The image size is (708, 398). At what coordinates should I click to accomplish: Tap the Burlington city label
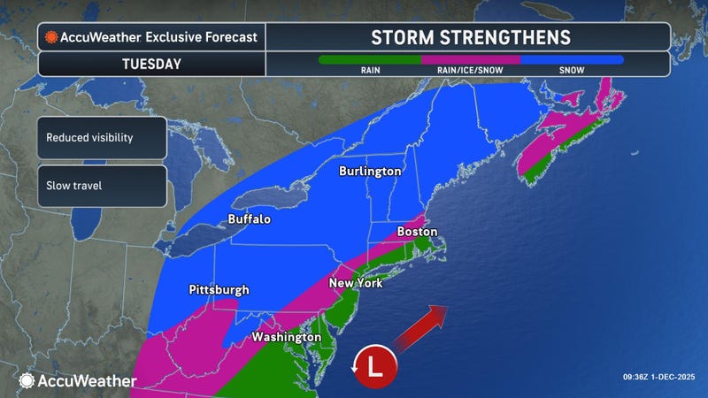click(x=371, y=172)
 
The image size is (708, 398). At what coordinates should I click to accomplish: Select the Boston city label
click(x=417, y=232)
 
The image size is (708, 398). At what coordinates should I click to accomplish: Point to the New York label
click(x=355, y=284)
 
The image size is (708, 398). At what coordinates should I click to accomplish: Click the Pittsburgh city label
click(x=219, y=290)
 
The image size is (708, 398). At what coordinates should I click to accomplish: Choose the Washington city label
click(x=285, y=337)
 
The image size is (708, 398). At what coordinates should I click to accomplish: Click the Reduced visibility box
click(x=102, y=138)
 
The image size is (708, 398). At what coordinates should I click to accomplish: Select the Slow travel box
click(x=102, y=187)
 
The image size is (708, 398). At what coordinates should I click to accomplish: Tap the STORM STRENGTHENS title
click(x=470, y=37)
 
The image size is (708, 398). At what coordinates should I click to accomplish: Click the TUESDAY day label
click(x=152, y=64)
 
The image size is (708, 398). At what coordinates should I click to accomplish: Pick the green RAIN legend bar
click(x=369, y=60)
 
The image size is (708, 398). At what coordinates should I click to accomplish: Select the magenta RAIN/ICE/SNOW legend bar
click(x=470, y=60)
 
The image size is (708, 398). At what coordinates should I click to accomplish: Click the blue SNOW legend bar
click(x=572, y=60)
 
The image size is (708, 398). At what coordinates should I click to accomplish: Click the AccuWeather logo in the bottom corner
click(x=78, y=380)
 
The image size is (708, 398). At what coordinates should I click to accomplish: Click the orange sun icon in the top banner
click(x=51, y=37)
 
